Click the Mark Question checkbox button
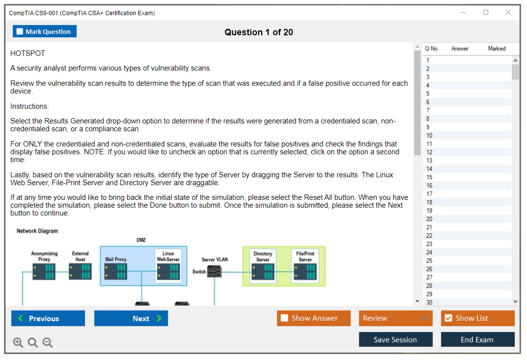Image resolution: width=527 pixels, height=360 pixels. coord(45,31)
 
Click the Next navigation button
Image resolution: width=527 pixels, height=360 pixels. coord(131,318)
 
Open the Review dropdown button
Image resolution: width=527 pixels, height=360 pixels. coord(395,318)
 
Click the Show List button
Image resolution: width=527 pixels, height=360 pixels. coord(477,318)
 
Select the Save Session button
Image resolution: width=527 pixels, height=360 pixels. coord(395,339)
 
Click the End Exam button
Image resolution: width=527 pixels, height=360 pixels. coord(477,339)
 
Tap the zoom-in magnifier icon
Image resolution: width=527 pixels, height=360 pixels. coord(18,342)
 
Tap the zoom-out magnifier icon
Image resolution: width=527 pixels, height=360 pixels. coord(48,342)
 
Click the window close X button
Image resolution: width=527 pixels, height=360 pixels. coord(508,13)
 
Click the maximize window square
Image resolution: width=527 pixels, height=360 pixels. coord(486,13)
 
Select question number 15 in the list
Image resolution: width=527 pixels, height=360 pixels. coord(429,177)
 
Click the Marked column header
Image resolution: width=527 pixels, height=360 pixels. coord(497,48)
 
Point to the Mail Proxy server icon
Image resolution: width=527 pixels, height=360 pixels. coord(116,271)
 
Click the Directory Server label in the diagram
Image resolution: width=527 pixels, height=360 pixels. coord(263,257)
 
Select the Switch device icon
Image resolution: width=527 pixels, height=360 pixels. coord(214,271)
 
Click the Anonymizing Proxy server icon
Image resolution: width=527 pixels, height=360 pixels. coord(44,271)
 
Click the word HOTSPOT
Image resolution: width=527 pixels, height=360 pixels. coord(27,53)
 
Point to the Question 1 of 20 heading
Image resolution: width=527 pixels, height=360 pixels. coord(259,32)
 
